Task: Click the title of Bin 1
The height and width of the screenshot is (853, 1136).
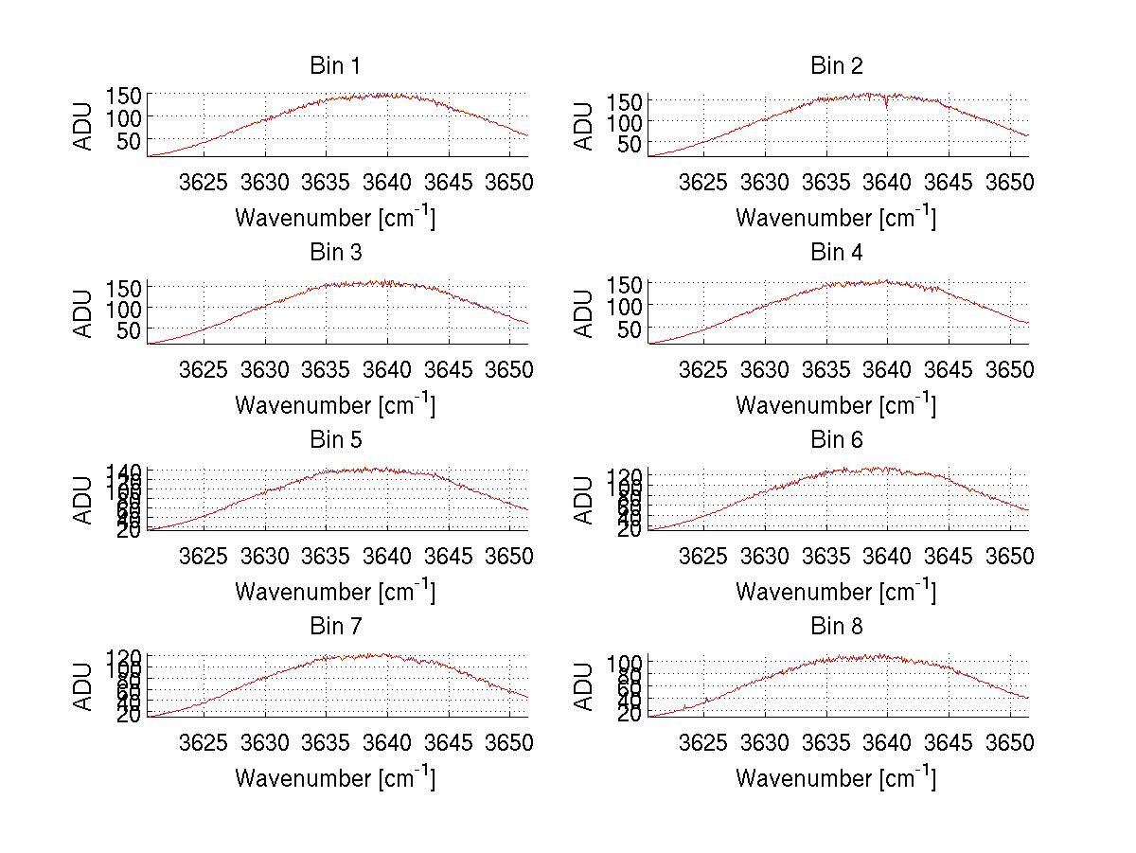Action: [334, 66]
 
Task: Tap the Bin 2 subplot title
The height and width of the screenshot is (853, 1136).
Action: [836, 66]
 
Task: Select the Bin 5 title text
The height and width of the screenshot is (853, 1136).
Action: [334, 440]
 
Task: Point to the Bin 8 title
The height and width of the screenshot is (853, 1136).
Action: [836, 627]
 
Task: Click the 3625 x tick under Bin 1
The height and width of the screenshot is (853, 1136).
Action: [204, 182]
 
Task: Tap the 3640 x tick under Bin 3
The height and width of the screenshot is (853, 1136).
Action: [387, 368]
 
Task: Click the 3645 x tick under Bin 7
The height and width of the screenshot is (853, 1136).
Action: [448, 741]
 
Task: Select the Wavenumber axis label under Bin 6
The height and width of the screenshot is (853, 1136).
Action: [836, 592]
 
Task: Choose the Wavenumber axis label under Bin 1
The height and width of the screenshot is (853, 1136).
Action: [334, 218]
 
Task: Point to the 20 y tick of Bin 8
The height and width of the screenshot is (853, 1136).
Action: [631, 715]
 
